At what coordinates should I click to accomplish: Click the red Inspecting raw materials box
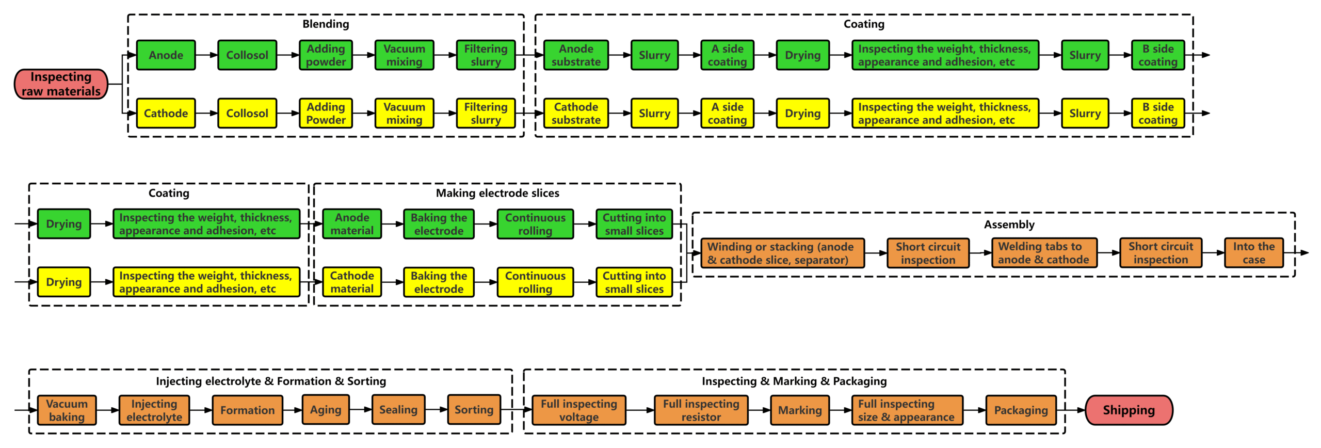[x=61, y=84]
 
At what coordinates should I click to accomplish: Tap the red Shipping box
[x=1128, y=410]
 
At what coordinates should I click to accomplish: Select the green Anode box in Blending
[x=166, y=55]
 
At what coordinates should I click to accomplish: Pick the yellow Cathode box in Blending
[x=166, y=113]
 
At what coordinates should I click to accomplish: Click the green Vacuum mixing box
[x=404, y=55]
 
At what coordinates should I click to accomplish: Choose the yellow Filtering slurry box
[x=485, y=113]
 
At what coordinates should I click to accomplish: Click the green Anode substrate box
[x=575, y=55]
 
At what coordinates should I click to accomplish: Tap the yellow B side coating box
[x=1157, y=113]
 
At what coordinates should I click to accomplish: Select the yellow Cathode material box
[x=351, y=282]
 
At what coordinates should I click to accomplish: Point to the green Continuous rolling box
[x=535, y=224]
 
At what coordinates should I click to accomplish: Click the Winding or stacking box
[x=781, y=253]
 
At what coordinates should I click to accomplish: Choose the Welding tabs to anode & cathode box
[x=1043, y=253]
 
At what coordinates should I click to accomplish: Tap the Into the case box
[x=1253, y=253]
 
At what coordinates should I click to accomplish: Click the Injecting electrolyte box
[x=154, y=410]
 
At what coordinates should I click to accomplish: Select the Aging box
[x=325, y=410]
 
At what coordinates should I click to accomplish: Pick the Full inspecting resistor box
[x=700, y=410]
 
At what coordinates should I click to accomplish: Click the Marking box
[x=799, y=410]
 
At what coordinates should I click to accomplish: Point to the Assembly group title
[x=1008, y=225]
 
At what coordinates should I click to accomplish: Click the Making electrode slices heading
[x=497, y=193]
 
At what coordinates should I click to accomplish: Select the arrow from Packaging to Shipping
[x=1071, y=410]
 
